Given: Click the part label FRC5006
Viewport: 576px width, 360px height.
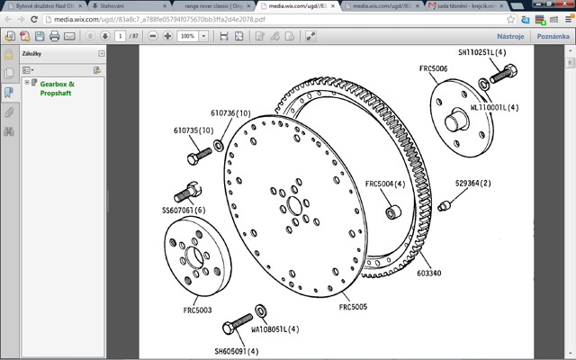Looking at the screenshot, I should pyautogui.click(x=433, y=67).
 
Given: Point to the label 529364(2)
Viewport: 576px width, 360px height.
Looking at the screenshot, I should pyautogui.click(x=472, y=183).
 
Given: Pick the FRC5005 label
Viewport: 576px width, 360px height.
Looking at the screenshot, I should pyautogui.click(x=354, y=307).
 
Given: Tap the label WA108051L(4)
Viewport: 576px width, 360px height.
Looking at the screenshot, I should pyautogui.click(x=294, y=329).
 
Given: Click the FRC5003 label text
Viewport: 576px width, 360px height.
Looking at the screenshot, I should pyautogui.click(x=197, y=310).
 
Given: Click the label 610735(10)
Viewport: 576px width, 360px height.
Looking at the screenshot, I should pyautogui.click(x=193, y=130).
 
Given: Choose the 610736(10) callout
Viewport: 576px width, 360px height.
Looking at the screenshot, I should pyautogui.click(x=230, y=112).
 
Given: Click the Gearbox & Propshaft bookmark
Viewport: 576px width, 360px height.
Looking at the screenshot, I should pyautogui.click(x=58, y=88).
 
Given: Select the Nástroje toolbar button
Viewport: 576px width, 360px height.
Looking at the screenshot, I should pyautogui.click(x=510, y=36).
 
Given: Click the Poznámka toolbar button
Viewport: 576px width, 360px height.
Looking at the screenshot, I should pyautogui.click(x=553, y=36).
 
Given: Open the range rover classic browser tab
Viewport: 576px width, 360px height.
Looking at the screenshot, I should pyautogui.click(x=210, y=6).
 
